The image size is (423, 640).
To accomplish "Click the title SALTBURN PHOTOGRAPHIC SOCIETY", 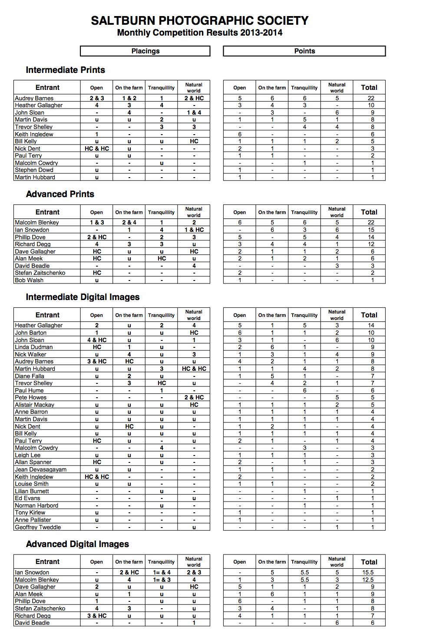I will tap(199, 20).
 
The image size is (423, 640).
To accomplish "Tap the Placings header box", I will tap(145, 51).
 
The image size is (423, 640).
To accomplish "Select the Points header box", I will tap(304, 51).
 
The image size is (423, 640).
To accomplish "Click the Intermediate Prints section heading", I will tap(65, 70).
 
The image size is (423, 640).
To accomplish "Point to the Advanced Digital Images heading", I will tap(77, 544).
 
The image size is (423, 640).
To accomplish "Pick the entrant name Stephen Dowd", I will tap(34, 170).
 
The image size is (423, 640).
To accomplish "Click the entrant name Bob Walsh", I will tap(29, 280).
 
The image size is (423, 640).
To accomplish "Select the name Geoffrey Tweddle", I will tap(38, 527).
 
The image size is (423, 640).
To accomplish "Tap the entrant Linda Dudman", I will tap(33, 347).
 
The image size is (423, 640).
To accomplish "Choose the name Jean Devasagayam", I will tap(40, 469).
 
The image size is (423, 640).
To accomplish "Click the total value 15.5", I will tap(368, 572).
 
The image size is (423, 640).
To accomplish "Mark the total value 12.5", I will tap(368, 580).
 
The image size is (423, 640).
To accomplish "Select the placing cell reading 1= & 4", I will tap(162, 572).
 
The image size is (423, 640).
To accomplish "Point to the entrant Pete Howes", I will tap(30, 397).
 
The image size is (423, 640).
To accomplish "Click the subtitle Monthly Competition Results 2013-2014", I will tap(199, 33).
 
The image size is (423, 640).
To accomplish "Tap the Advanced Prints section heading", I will tap(60, 194).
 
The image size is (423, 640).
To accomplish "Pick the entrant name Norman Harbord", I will tap(36, 505).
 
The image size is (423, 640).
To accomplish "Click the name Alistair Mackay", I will tap(34, 405).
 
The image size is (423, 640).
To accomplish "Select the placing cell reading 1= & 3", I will tap(162, 580).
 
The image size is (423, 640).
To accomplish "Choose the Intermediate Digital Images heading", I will tap(83, 297).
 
